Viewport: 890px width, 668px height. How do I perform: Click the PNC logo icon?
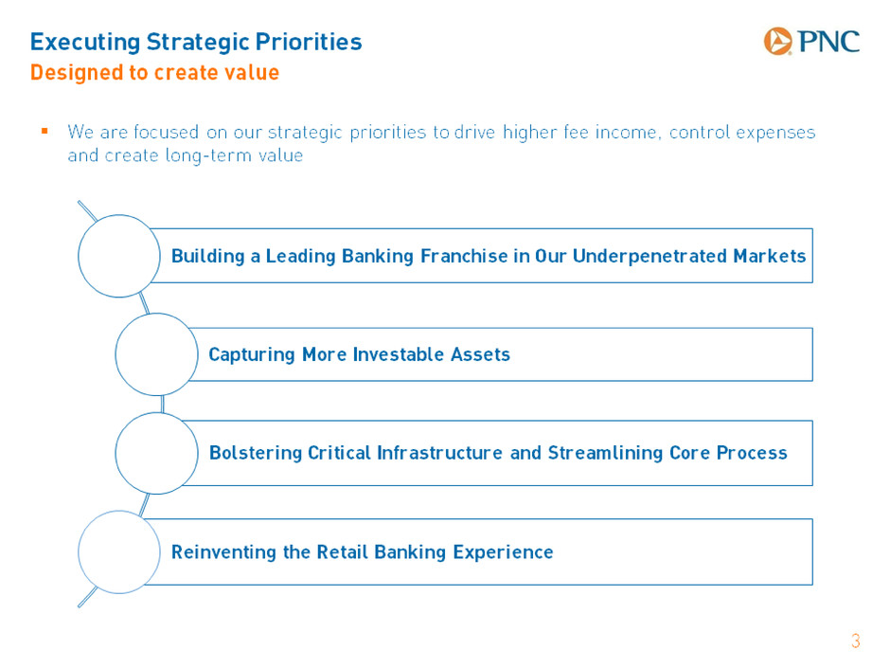pyautogui.click(x=777, y=41)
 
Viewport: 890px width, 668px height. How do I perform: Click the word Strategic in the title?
pyautogui.click(x=198, y=43)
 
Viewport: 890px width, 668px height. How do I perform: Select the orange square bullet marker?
pyautogui.click(x=44, y=131)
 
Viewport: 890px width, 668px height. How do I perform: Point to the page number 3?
pyautogui.click(x=855, y=641)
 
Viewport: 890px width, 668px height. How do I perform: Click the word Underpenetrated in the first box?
pyautogui.click(x=650, y=256)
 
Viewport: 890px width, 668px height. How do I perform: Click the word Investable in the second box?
pyautogui.click(x=399, y=354)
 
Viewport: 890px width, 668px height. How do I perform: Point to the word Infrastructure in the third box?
pyautogui.click(x=440, y=453)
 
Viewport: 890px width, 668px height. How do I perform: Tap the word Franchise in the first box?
pyautogui.click(x=464, y=256)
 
